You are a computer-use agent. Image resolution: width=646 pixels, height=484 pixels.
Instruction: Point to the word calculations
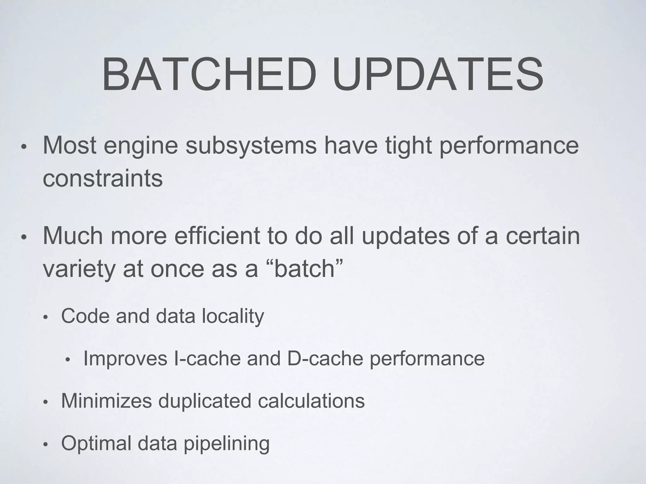click(x=311, y=401)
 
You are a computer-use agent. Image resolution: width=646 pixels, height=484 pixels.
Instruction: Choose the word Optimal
click(x=96, y=443)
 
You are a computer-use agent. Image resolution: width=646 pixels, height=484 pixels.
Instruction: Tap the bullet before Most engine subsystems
click(x=24, y=147)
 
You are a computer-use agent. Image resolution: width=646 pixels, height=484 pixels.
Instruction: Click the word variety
click(x=79, y=269)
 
